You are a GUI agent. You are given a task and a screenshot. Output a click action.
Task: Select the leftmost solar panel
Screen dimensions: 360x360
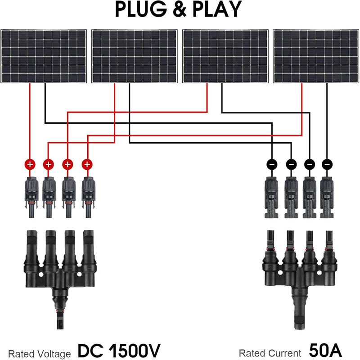(x=44, y=56)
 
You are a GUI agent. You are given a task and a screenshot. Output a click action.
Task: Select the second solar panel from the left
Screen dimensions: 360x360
(x=135, y=56)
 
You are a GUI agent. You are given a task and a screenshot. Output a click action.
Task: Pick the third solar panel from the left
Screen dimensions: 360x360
(x=225, y=56)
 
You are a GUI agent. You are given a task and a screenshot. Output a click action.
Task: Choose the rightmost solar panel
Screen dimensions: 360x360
(x=316, y=56)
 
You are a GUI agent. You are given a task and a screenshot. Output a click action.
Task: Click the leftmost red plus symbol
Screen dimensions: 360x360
(x=30, y=164)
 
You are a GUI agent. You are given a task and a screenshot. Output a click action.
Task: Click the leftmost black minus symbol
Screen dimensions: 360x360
(x=273, y=164)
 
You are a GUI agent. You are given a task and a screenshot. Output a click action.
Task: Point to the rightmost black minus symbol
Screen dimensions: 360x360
(x=327, y=164)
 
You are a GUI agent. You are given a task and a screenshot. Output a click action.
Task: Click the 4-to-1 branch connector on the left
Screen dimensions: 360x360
(x=59, y=265)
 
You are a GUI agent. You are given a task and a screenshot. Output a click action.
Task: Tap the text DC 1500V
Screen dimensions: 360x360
(x=119, y=350)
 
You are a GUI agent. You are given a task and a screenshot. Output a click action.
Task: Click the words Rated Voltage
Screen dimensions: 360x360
(x=40, y=354)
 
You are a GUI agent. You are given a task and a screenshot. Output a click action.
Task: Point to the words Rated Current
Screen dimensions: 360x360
(x=270, y=354)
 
